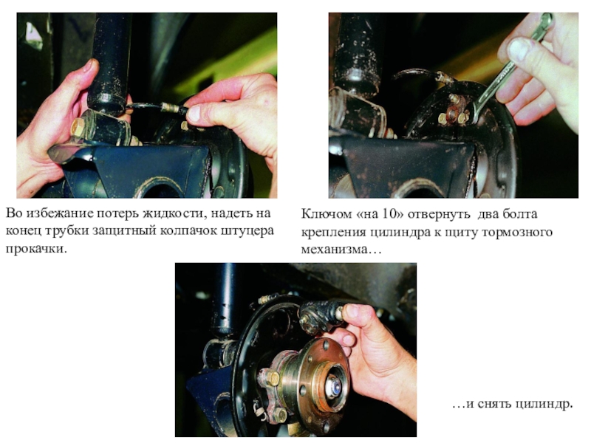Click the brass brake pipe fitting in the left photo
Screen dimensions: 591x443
point(171,107)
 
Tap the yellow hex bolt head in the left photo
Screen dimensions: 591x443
point(78,128)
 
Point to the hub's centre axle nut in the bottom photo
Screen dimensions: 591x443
point(334,386)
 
